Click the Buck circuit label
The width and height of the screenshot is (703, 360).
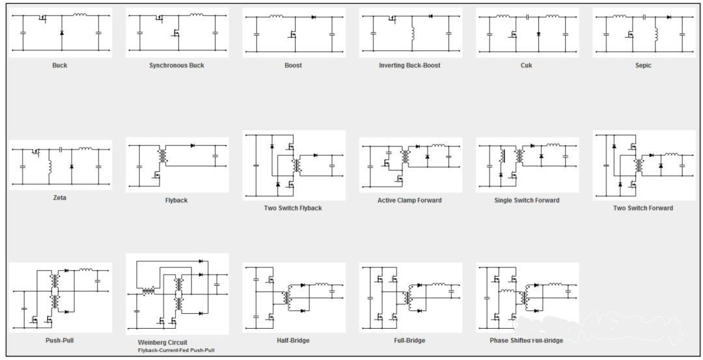60,66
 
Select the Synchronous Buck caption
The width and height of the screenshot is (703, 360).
176,66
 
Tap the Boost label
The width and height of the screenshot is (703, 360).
293,66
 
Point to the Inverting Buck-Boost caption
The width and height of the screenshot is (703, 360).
410,66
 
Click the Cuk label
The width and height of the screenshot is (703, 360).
527,66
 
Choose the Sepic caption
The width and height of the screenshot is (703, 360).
643,66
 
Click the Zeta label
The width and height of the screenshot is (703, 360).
60,198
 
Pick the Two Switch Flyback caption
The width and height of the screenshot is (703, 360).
293,208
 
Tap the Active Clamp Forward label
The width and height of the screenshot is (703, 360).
410,201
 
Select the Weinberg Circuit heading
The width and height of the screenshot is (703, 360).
162,342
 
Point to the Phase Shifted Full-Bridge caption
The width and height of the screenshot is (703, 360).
527,340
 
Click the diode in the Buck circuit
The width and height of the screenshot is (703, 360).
61,33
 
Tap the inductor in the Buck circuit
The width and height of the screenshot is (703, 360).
80,14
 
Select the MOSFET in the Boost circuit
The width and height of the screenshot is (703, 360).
293,34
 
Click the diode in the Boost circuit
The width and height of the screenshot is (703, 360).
313,16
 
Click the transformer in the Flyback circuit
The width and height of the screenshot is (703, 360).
163,155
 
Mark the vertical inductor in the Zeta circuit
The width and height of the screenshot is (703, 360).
49,166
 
